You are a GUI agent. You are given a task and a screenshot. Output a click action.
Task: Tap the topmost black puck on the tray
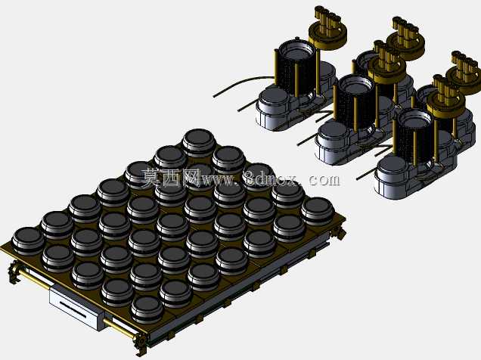pos(199,143)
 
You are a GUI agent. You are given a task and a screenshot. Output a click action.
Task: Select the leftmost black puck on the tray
pos(28,241)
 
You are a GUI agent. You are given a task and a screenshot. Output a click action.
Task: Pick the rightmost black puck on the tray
pos(318,211)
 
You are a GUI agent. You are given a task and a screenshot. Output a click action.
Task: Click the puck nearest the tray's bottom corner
pos(147,310)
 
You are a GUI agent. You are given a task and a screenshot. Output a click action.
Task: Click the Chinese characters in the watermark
pos(171,178)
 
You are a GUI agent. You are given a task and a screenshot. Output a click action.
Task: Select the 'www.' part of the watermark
pos(220,179)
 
